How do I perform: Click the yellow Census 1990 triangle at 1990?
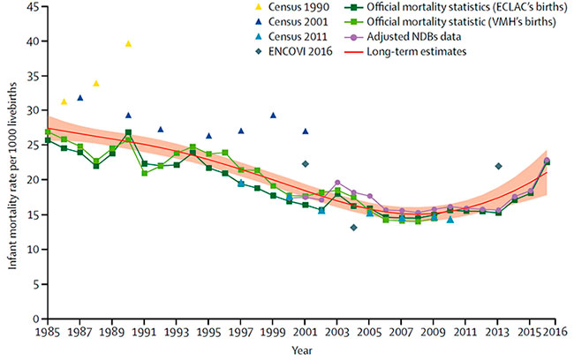[128, 43]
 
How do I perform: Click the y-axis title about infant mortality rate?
[10, 163]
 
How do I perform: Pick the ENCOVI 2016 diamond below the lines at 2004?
[353, 228]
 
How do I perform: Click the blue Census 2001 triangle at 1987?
[80, 98]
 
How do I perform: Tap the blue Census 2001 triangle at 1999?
[273, 116]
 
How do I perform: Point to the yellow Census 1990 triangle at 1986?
[64, 101]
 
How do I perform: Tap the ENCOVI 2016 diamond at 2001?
[305, 164]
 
